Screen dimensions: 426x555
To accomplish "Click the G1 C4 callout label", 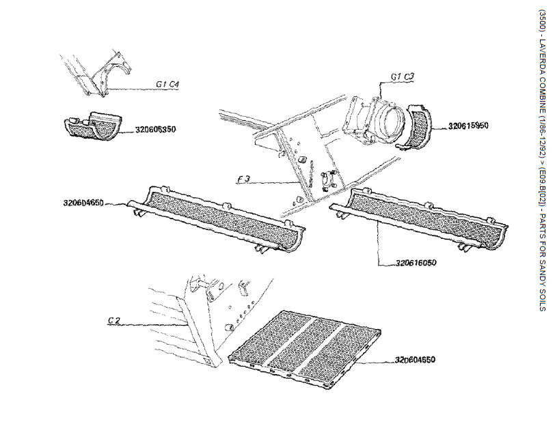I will (x=167, y=84).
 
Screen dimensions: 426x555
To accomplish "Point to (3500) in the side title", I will (x=542, y=20).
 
